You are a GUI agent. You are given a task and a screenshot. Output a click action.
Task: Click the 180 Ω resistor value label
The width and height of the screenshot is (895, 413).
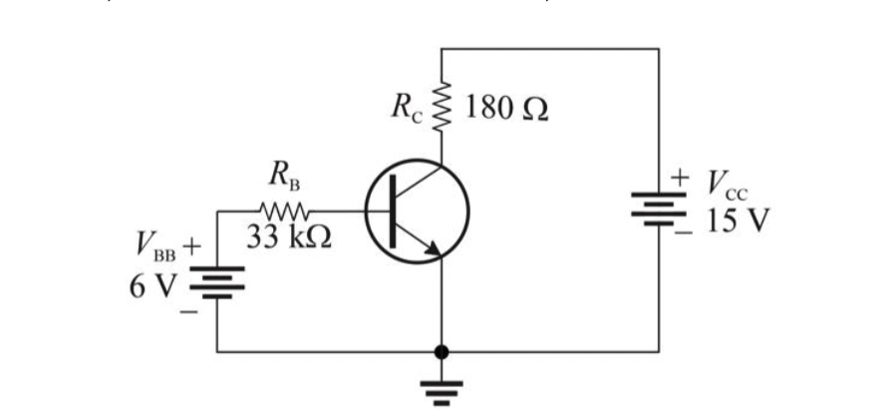507,108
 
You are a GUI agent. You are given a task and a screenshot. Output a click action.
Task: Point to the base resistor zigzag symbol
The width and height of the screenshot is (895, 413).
286,211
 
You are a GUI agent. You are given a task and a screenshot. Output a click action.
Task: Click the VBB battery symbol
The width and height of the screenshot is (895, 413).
217,281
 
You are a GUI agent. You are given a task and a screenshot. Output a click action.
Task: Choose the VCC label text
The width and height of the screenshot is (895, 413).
726,185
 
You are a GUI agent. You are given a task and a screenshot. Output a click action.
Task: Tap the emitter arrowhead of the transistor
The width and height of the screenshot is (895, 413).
433,250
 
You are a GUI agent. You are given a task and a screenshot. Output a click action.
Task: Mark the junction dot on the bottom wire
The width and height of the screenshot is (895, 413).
442,352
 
